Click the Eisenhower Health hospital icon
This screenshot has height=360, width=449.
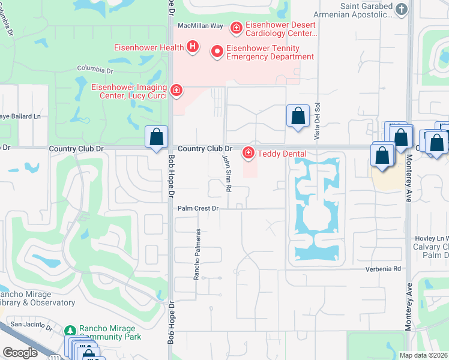193,47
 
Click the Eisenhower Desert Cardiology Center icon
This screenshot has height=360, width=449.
237,28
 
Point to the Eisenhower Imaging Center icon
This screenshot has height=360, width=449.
176,91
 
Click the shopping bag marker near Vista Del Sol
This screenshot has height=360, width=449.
298,116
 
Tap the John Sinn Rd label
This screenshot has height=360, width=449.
228,173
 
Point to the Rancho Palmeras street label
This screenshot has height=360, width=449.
196,254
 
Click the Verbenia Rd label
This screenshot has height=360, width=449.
384,269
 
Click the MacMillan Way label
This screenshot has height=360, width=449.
200,26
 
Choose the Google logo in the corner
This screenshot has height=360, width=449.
20,353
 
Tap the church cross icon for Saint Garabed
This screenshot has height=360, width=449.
402,10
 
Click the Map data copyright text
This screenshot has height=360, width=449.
423,355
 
